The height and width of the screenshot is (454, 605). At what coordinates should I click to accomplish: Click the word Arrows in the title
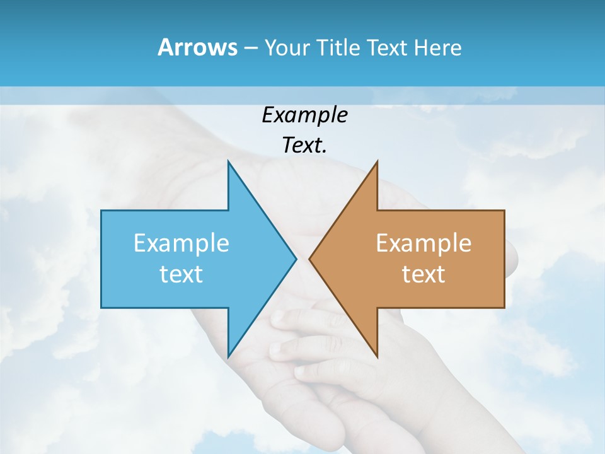[x=197, y=47]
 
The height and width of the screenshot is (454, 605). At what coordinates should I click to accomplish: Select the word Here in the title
[x=437, y=47]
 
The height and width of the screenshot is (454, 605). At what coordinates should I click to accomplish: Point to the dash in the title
[x=250, y=48]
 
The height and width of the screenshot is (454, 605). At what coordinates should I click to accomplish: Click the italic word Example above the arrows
[x=304, y=115]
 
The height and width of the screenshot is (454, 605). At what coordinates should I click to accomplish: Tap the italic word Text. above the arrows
[x=304, y=145]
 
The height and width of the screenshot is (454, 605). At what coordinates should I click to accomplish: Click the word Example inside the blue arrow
[x=181, y=243]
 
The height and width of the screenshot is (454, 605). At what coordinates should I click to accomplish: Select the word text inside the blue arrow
[x=181, y=274]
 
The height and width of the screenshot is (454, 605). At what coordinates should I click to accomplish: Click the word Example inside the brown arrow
[x=423, y=243]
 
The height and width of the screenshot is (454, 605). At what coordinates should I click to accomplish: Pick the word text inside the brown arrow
[x=423, y=274]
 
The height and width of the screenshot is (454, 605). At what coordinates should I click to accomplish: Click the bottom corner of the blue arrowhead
[x=228, y=356]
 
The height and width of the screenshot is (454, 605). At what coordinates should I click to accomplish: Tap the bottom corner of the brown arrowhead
[x=377, y=356]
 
